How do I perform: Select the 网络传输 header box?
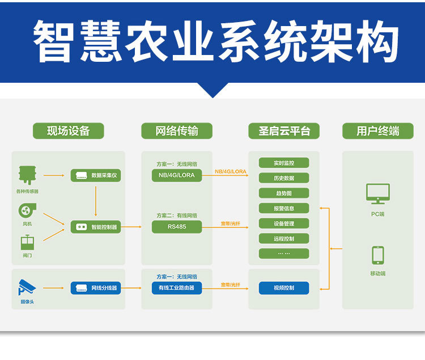(177, 131)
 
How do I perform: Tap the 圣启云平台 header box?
(284, 131)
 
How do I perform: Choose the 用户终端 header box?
(377, 131)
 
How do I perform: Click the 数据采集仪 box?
(96, 175)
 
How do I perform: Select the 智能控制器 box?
(96, 227)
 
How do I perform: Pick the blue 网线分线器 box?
(96, 288)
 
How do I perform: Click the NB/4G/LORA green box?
(177, 175)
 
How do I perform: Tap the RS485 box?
(177, 227)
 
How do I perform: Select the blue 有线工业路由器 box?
(177, 288)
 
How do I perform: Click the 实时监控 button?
(284, 163)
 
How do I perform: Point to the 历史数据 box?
(284, 178)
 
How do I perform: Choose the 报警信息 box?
(284, 208)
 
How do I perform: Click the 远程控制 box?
(284, 239)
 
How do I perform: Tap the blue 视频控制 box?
(284, 288)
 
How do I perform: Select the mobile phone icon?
(377, 255)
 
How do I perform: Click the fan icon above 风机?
(27, 211)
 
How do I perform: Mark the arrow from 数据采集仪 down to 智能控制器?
(96, 201)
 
